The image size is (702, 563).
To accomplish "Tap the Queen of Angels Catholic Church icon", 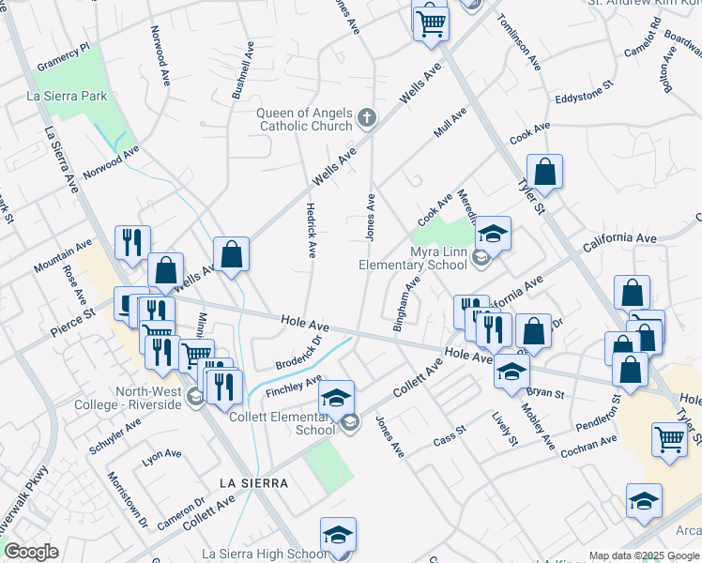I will pos(367,118).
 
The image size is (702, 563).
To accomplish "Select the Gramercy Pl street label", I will pos(63,56).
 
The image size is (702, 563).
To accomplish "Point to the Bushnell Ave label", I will pos(242,71).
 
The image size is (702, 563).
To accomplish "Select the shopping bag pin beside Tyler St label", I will pos(544,173).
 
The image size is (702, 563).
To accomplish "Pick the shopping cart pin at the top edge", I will pos(431,22).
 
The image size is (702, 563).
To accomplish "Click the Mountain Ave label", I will pos(63,255).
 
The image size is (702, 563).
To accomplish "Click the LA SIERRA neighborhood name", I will pos(252,482).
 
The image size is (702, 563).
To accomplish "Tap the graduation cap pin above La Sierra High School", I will pos(338,535).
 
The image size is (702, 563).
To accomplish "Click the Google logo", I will pos(30,552).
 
